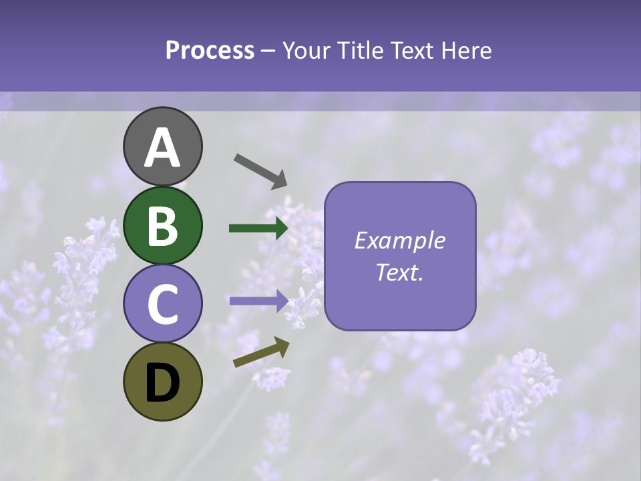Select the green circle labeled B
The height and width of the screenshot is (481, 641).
pyautogui.click(x=163, y=225)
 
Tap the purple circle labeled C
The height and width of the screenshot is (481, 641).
pyautogui.click(x=163, y=303)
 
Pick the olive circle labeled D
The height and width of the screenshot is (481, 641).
pyautogui.click(x=163, y=381)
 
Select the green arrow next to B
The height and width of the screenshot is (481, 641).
pyautogui.click(x=258, y=228)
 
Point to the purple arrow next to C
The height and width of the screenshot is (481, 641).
pyautogui.click(x=258, y=300)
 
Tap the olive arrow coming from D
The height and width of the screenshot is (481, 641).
pyautogui.click(x=261, y=352)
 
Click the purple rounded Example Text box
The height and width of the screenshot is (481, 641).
pyautogui.click(x=400, y=256)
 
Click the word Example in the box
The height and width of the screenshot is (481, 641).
pyautogui.click(x=399, y=240)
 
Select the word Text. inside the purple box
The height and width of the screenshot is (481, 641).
pyautogui.click(x=399, y=272)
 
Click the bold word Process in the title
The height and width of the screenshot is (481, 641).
pyautogui.click(x=210, y=50)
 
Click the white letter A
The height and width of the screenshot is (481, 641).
pyautogui.click(x=163, y=148)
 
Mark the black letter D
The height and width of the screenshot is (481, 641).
pyautogui.click(x=163, y=383)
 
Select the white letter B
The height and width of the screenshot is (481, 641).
pyautogui.click(x=163, y=226)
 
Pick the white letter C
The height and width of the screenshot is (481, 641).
pyautogui.click(x=163, y=305)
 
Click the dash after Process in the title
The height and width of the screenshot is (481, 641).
pyautogui.click(x=268, y=51)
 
